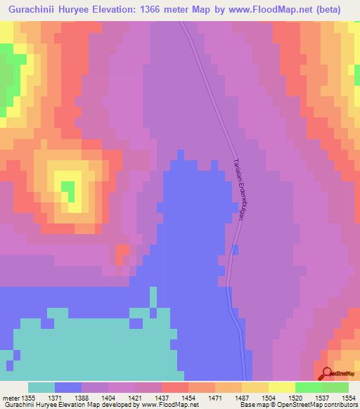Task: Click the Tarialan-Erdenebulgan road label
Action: click(x=239, y=188)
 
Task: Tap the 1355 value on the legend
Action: click(x=28, y=398)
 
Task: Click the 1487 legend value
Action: click(x=228, y=398)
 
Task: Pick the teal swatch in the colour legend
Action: click(x=41, y=387)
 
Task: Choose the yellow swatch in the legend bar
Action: click(x=282, y=387)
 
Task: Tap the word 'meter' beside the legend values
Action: click(x=10, y=398)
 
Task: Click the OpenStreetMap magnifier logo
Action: click(x=327, y=374)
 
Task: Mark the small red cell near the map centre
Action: click(x=122, y=251)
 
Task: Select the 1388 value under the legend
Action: click(x=94, y=398)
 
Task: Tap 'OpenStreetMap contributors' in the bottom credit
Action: click(x=317, y=405)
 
